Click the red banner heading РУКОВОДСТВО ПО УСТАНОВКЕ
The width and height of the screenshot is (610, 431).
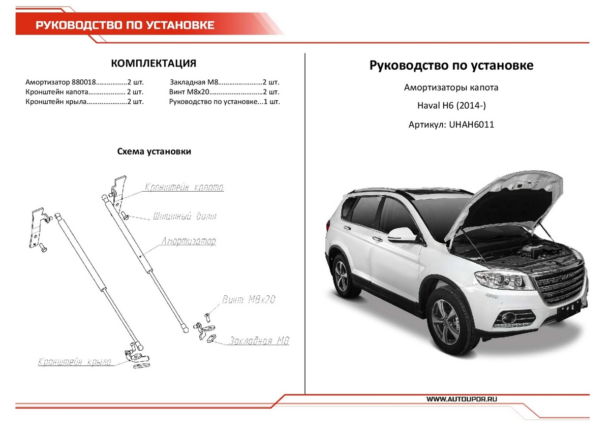[x=125, y=25]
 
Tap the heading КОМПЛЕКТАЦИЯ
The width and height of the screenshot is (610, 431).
[x=154, y=64]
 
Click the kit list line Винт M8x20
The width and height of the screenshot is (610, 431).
[x=224, y=92]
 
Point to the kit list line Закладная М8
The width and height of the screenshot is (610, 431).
[x=224, y=82]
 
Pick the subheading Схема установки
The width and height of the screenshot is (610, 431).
[x=154, y=151]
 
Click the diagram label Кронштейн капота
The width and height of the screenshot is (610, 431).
[x=184, y=188]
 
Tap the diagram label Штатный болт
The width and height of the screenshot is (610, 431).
[x=185, y=216]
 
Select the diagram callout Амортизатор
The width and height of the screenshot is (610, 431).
[x=189, y=241]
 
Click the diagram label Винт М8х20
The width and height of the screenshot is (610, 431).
[x=249, y=299]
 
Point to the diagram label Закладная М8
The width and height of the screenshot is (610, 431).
[x=259, y=341]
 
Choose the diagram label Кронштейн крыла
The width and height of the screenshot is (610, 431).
[x=75, y=362]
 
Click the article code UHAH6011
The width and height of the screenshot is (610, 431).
[x=471, y=124]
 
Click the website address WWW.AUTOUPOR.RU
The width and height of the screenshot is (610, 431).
[x=462, y=399]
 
